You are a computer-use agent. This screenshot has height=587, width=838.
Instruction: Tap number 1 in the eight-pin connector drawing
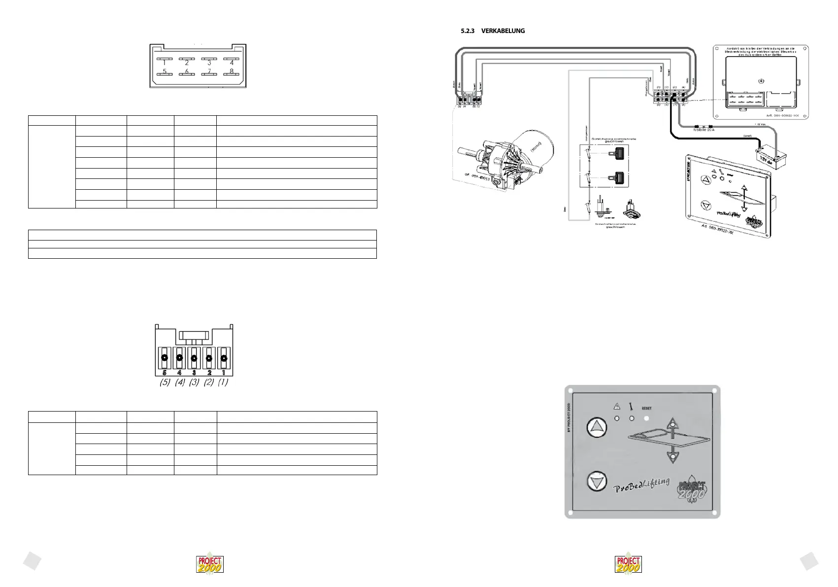click(x=165, y=63)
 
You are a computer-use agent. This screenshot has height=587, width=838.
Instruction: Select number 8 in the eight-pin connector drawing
click(x=231, y=71)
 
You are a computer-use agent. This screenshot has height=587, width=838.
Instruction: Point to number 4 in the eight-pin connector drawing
click(x=232, y=63)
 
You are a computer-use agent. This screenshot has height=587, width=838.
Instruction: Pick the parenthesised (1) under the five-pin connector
click(x=223, y=382)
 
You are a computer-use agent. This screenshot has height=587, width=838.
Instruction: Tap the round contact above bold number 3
click(x=194, y=358)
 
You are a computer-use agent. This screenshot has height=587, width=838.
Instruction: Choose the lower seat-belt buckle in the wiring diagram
click(x=618, y=176)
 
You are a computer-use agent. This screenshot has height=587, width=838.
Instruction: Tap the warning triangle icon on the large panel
click(x=616, y=407)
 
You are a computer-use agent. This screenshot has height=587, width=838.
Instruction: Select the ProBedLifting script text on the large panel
click(x=641, y=485)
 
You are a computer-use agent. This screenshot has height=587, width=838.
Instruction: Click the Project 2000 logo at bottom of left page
click(x=210, y=564)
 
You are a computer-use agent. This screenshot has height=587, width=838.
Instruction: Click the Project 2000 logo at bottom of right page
click(x=629, y=564)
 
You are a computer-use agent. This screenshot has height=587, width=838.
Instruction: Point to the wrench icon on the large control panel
click(x=631, y=407)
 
